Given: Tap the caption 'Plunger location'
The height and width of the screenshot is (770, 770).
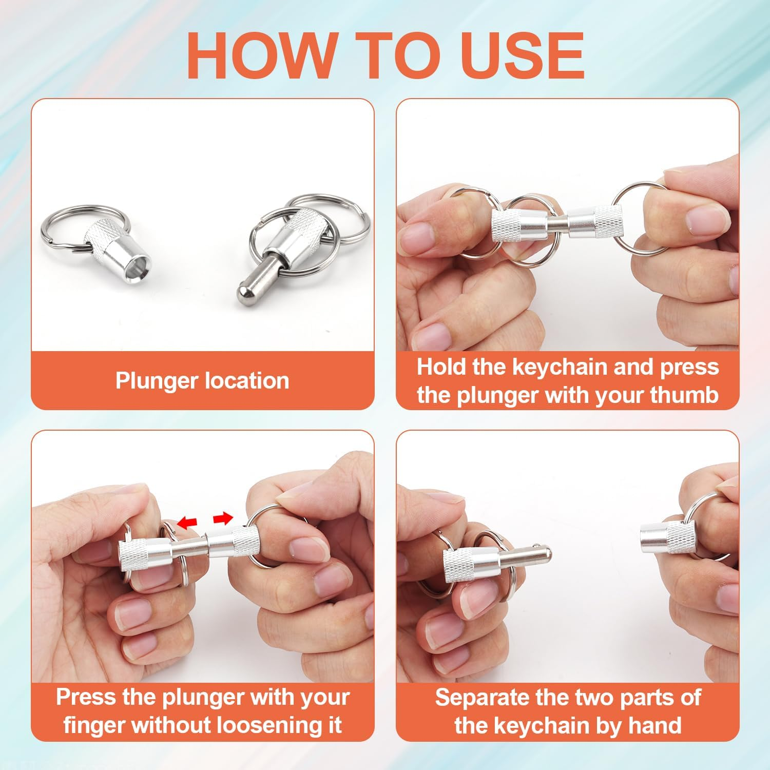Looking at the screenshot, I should coord(202,381).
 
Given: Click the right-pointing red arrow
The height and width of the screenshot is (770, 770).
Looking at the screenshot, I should coord(223,519).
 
